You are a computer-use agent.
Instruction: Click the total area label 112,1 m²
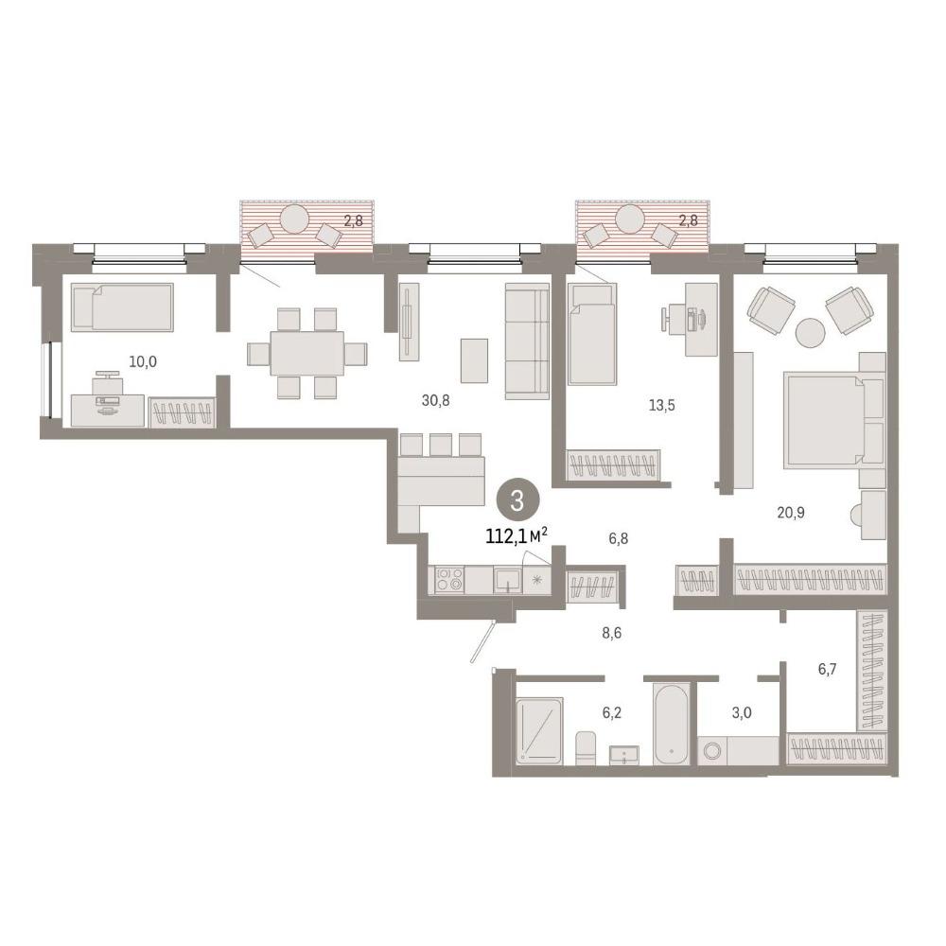pyautogui.click(x=517, y=535)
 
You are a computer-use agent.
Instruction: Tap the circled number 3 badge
pyautogui.click(x=517, y=501)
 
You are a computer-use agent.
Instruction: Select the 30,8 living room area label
pyautogui.click(x=435, y=400)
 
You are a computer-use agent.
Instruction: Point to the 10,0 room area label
pyautogui.click(x=143, y=361)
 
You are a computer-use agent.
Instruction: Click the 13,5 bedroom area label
pyautogui.click(x=662, y=406)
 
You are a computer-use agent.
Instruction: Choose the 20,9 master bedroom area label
pyautogui.click(x=790, y=513)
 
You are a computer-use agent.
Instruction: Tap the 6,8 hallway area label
pyautogui.click(x=619, y=538)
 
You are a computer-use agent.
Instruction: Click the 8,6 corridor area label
pyautogui.click(x=611, y=633)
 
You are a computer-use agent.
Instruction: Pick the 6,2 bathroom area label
pyautogui.click(x=611, y=712)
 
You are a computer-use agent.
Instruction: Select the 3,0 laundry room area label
pyautogui.click(x=742, y=712)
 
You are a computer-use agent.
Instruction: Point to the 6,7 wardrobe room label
pyautogui.click(x=827, y=669)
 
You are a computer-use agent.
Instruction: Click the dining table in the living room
pyautogui.click(x=307, y=353)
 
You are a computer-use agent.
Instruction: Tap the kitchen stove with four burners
pyautogui.click(x=449, y=580)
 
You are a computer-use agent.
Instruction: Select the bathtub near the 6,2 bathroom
pyautogui.click(x=672, y=725)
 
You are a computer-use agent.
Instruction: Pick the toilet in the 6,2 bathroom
pyautogui.click(x=586, y=748)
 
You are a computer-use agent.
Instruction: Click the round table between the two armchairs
pyautogui.click(x=811, y=332)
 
